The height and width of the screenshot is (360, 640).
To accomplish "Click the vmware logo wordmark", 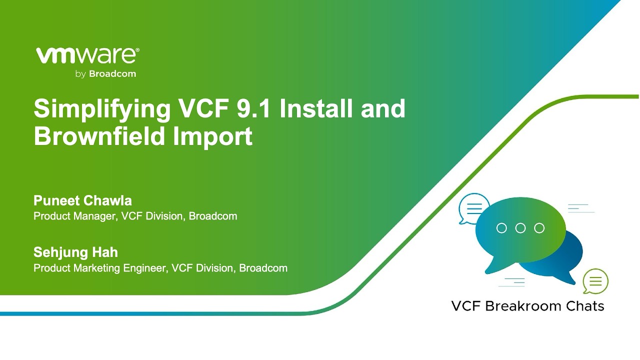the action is [86, 55].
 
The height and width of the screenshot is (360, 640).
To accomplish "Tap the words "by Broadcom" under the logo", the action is [105, 74].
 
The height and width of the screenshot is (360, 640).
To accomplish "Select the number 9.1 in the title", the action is [253, 108].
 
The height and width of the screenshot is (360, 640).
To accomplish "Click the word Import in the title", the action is [212, 136].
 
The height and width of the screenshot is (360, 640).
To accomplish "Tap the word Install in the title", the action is [315, 108].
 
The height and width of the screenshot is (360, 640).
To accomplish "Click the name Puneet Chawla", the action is [82, 200].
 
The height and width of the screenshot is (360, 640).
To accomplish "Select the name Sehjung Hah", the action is [75, 252].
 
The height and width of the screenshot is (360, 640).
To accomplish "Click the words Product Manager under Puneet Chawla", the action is [75, 216].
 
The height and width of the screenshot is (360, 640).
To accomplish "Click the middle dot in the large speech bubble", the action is [520, 228].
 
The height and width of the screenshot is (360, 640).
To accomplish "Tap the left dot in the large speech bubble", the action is [501, 228].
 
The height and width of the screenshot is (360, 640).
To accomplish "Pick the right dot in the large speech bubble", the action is [539, 228].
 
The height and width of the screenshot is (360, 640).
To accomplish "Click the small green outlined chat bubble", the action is [595, 281].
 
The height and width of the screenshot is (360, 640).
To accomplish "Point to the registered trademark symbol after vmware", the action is [137, 50].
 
